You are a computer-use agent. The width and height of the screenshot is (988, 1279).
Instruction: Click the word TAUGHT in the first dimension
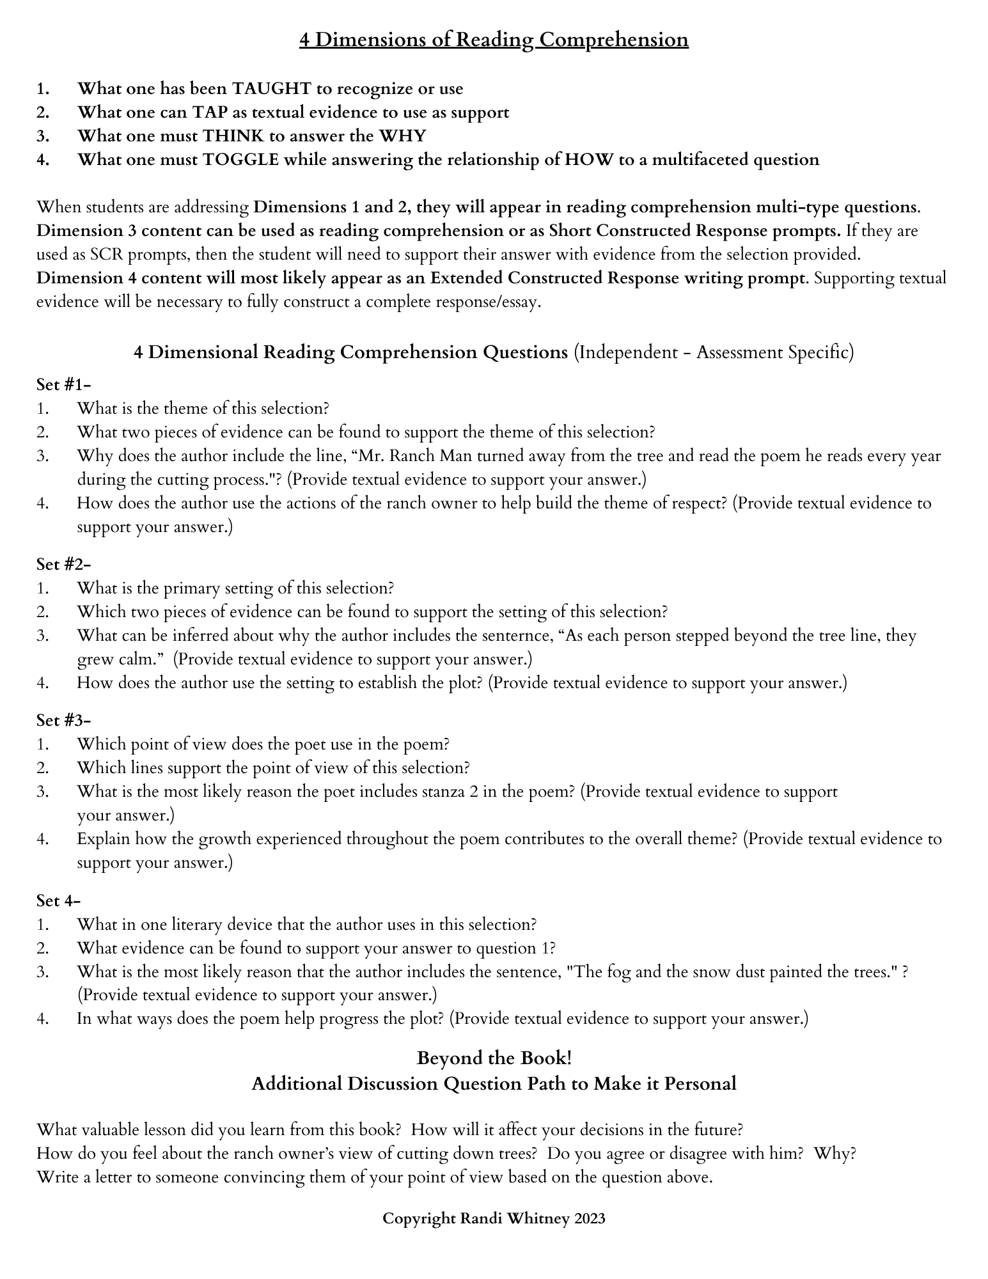[x=271, y=88]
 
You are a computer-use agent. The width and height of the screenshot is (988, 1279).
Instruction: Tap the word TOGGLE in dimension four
[x=241, y=159]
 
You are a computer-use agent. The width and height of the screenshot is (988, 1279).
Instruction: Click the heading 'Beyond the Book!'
[x=494, y=1058]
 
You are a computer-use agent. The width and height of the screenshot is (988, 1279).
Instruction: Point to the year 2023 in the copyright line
[x=590, y=1219]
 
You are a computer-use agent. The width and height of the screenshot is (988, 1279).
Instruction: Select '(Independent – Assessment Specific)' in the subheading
[x=713, y=352]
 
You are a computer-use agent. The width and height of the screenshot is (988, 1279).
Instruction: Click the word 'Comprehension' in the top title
[x=613, y=40]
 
